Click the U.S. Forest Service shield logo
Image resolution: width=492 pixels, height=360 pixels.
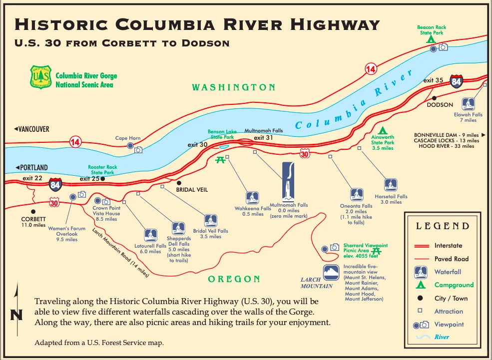coord(40,77)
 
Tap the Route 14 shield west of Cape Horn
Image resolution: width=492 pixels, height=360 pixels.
coord(75,142)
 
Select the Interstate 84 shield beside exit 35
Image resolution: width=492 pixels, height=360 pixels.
coord(456,81)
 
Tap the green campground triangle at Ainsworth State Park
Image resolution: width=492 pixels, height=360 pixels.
coord(383,131)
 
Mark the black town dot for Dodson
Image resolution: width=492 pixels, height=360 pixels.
coord(434,98)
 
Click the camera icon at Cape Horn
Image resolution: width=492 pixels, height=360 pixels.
coord(138,149)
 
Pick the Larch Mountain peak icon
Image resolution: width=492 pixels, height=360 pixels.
coord(331,273)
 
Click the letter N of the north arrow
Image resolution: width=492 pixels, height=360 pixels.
coord(16,316)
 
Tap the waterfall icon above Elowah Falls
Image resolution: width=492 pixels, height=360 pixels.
coord(468,103)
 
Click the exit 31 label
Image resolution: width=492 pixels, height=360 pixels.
coord(263,138)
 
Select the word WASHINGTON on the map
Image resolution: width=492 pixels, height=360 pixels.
coord(234,87)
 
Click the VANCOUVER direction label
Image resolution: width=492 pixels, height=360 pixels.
coord(31,129)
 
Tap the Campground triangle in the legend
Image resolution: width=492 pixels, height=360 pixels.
coord(421,285)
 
